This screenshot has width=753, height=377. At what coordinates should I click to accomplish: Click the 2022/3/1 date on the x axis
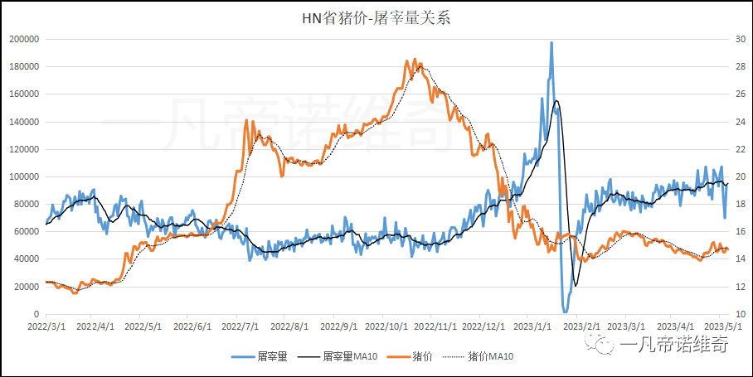(x=46, y=326)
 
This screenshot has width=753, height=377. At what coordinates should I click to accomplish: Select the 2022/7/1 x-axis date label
(x=237, y=326)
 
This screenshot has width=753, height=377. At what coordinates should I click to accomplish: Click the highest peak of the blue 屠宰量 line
(x=551, y=43)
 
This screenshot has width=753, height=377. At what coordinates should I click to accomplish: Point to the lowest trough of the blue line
(x=566, y=312)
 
